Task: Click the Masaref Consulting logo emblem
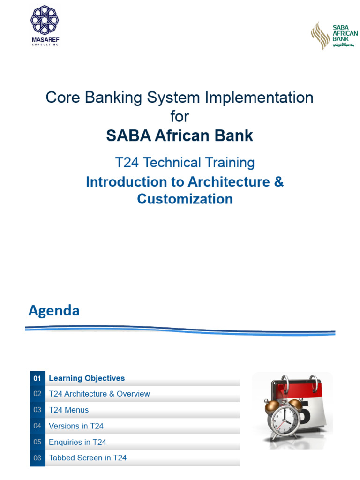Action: pyautogui.click(x=45, y=20)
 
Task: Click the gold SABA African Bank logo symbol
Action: pyautogui.click(x=321, y=35)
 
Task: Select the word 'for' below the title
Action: pyautogui.click(x=180, y=116)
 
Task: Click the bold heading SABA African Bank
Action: pyautogui.click(x=180, y=136)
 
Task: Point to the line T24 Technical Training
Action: pyautogui.click(x=185, y=163)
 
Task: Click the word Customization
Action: pyautogui.click(x=185, y=199)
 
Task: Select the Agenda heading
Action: pyautogui.click(x=54, y=310)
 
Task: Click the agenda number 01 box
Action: pyautogui.click(x=37, y=378)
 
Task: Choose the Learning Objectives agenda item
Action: pyautogui.click(x=87, y=378)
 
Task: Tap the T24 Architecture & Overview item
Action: pyautogui.click(x=99, y=394)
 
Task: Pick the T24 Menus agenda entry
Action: pyautogui.click(x=68, y=410)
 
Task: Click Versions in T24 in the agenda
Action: pyautogui.click(x=76, y=426)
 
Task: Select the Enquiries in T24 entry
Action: pyautogui.click(x=77, y=442)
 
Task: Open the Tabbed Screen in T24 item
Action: pyautogui.click(x=88, y=458)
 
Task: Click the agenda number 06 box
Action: pyautogui.click(x=37, y=458)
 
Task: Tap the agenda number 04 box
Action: pyautogui.click(x=37, y=426)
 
